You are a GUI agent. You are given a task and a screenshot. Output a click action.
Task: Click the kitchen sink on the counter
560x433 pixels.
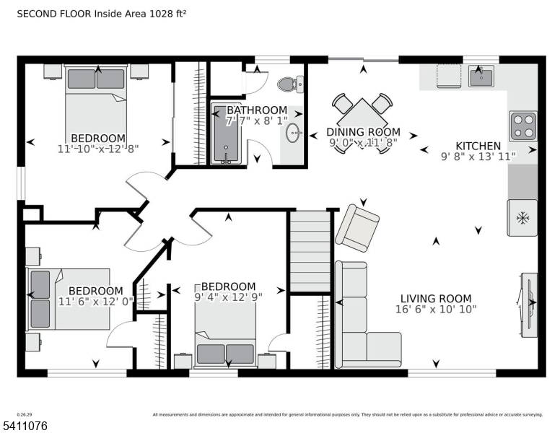(x=480, y=75)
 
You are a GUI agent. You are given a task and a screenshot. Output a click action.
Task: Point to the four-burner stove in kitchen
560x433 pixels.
(x=523, y=126)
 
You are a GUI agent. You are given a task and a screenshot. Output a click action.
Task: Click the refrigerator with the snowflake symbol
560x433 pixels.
(x=522, y=216)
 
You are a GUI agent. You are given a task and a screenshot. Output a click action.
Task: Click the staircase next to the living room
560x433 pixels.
(x=310, y=249)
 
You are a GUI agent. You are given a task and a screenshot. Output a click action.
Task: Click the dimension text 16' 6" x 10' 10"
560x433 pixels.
(x=436, y=310)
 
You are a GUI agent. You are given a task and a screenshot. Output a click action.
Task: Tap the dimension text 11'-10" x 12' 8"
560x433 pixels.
(x=98, y=149)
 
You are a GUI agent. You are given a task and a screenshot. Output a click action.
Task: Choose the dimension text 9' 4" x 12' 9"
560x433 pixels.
(x=228, y=297)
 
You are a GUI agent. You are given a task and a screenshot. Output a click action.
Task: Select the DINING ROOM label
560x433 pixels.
(x=363, y=132)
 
